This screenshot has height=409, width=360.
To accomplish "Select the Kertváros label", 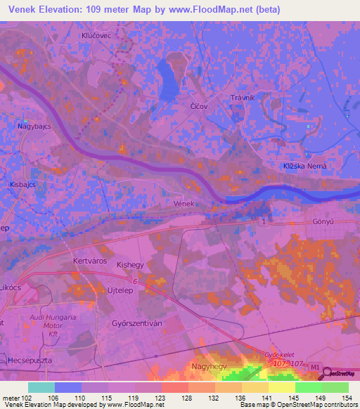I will [x=89, y=260].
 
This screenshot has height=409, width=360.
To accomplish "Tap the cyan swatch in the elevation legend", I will [x=41, y=387].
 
